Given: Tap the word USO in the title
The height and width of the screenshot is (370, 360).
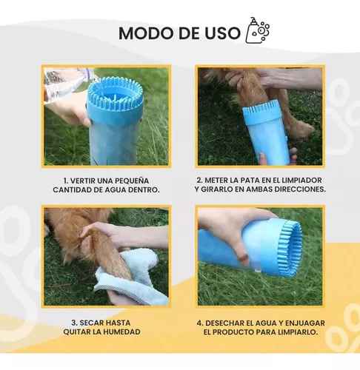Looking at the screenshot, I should point(221,33).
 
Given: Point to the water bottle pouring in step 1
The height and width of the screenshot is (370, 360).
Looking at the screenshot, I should point(67,87).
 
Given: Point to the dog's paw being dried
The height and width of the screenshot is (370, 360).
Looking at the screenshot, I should point(111,255).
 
